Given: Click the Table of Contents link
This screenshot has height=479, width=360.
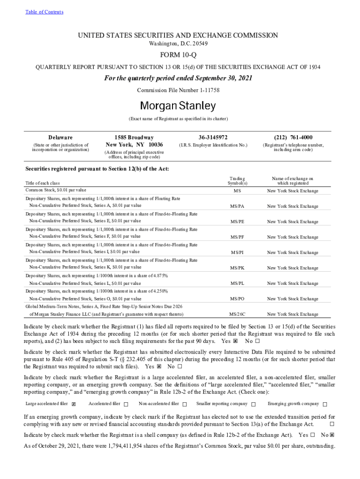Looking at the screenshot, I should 44,12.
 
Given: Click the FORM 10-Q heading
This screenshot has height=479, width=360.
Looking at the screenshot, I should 180,56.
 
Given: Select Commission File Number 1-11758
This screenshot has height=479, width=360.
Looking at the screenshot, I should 178,90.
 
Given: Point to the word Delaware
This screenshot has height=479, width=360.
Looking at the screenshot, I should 60,138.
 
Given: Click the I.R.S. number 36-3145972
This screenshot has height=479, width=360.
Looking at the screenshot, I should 213,138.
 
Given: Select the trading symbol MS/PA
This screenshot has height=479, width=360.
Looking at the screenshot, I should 237,206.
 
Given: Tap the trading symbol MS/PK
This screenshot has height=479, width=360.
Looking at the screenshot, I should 237,268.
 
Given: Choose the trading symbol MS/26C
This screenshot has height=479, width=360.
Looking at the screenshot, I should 237,314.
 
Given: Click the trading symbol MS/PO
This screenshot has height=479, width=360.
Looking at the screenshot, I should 237,299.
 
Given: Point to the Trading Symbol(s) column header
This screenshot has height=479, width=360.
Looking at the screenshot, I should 237,181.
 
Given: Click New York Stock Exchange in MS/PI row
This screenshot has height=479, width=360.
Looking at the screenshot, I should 292,253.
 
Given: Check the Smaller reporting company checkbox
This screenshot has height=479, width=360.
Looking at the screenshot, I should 253,404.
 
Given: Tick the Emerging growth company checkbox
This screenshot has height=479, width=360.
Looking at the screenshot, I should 325,404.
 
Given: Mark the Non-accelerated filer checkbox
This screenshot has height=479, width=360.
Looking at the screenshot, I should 185,404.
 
